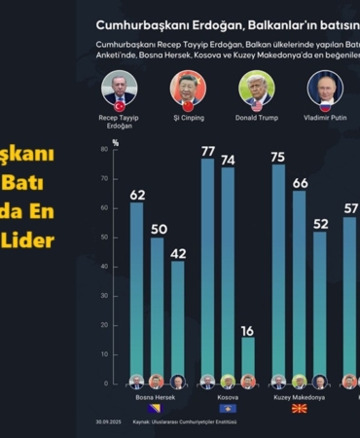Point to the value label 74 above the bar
228,159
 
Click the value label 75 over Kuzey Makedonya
278,157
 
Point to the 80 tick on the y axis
103,151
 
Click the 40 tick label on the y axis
103,267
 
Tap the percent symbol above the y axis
115,142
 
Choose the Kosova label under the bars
227,397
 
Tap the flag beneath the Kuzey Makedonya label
299,409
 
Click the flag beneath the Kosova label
228,409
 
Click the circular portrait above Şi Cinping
189,89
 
